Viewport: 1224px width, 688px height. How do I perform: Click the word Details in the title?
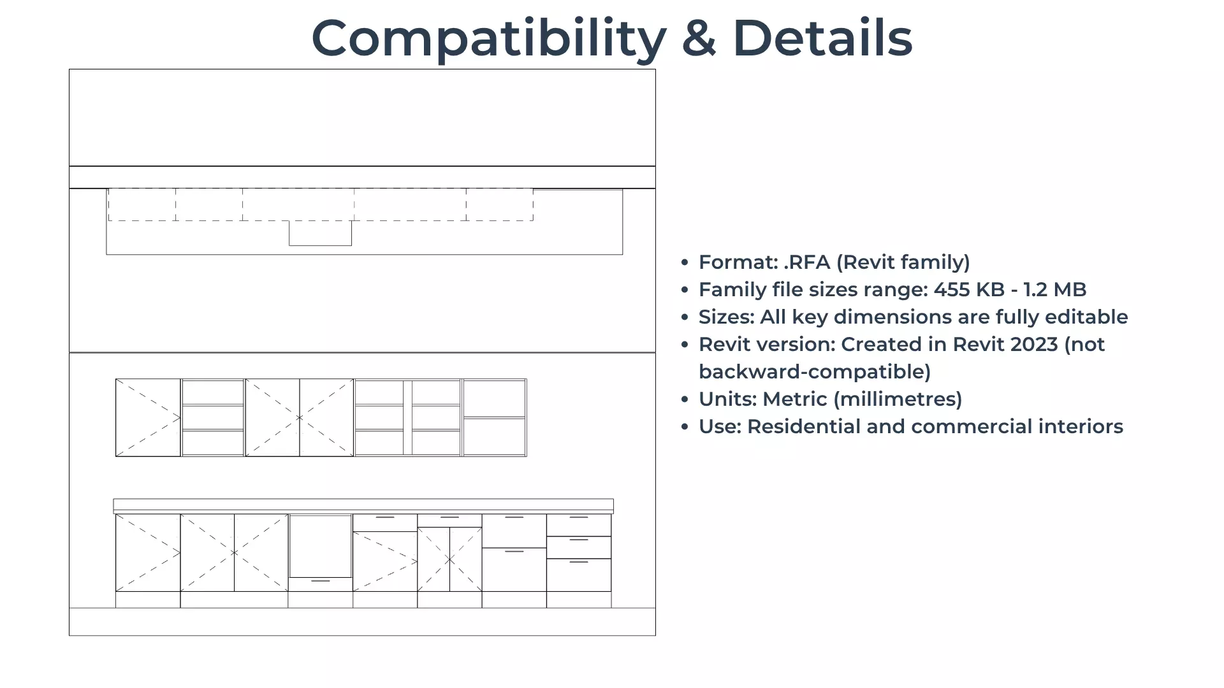tap(822, 38)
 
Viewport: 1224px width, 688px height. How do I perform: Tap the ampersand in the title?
tap(699, 38)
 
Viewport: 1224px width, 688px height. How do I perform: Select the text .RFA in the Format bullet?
tap(806, 262)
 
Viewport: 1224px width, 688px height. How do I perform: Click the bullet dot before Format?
tap(685, 262)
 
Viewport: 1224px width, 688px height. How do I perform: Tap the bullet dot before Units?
tap(685, 399)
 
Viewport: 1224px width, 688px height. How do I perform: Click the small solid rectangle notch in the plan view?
tap(320, 233)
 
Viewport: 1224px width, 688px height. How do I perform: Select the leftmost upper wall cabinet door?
tap(148, 418)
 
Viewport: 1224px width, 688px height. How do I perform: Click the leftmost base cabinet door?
tap(148, 553)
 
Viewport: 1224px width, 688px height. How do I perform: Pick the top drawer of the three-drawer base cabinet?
tap(579, 526)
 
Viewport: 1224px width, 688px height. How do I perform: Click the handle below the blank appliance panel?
tap(321, 581)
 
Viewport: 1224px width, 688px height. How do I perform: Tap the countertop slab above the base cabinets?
tap(363, 506)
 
